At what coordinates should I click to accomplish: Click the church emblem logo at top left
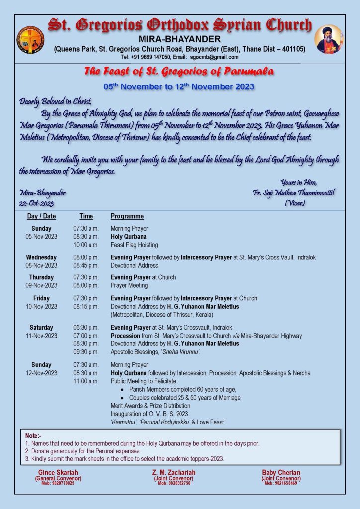pyautogui.click(x=30, y=40)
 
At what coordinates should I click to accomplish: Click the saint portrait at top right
pyautogui.click(x=329, y=39)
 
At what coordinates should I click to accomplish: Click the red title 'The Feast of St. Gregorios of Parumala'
pyautogui.click(x=179, y=72)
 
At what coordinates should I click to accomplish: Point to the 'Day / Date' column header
pyautogui.click(x=41, y=216)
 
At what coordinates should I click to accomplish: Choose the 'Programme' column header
pyautogui.click(x=127, y=216)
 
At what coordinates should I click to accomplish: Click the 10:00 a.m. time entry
pyautogui.click(x=86, y=245)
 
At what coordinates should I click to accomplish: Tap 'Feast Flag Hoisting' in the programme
pyautogui.click(x=134, y=245)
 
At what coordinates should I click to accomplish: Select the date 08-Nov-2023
pyautogui.click(x=41, y=265)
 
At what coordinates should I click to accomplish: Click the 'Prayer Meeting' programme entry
pyautogui.click(x=129, y=285)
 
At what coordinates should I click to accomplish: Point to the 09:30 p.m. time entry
pyautogui.click(x=86, y=351)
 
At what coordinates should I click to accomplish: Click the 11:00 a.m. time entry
pyautogui.click(x=86, y=381)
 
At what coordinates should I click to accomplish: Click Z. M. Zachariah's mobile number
pyautogui.click(x=174, y=483)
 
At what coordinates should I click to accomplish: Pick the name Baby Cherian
pyautogui.click(x=281, y=472)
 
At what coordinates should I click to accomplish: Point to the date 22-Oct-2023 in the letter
pyautogui.click(x=37, y=203)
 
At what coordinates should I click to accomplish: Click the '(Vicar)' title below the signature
pyautogui.click(x=295, y=203)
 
